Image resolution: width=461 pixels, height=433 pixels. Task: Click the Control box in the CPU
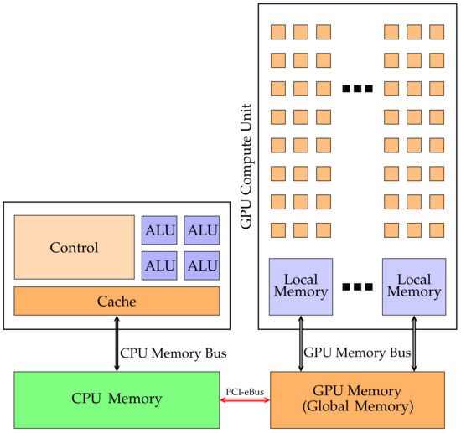[x=74, y=247]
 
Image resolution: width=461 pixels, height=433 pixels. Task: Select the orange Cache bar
[x=117, y=301]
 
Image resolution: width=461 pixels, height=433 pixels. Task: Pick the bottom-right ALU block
[x=201, y=265]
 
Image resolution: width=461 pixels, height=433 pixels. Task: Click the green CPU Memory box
[x=117, y=398]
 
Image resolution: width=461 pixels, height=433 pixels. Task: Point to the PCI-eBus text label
[x=244, y=389]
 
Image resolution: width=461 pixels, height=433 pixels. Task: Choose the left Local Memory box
[x=301, y=286]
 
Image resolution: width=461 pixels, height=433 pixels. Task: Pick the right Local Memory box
[x=413, y=286]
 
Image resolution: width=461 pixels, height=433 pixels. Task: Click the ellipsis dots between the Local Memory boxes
[x=357, y=287]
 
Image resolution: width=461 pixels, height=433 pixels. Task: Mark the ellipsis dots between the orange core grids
[x=357, y=88]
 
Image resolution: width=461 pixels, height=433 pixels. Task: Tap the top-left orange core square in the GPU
[x=277, y=33]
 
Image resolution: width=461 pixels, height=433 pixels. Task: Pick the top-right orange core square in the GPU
[x=437, y=33]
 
